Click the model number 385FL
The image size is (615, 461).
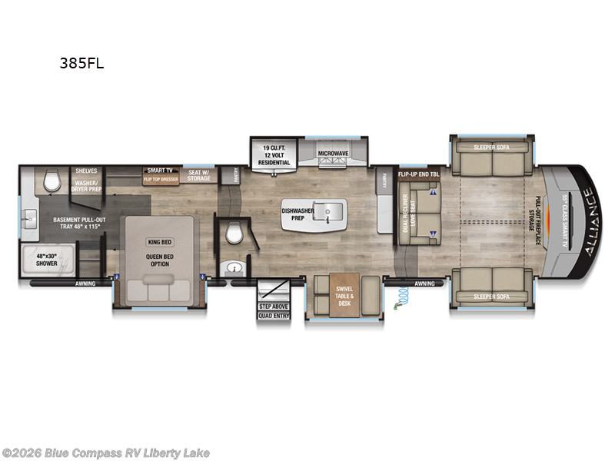click(x=81, y=65)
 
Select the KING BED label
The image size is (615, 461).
click(x=157, y=241)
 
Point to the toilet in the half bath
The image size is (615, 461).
click(x=234, y=234)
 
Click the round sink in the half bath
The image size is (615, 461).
click(x=234, y=268)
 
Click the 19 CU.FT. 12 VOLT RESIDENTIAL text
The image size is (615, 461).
click(x=274, y=154)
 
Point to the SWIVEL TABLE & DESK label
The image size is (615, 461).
click(x=344, y=296)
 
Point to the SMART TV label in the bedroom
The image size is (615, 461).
click(x=159, y=171)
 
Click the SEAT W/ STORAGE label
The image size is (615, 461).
click(x=199, y=175)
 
